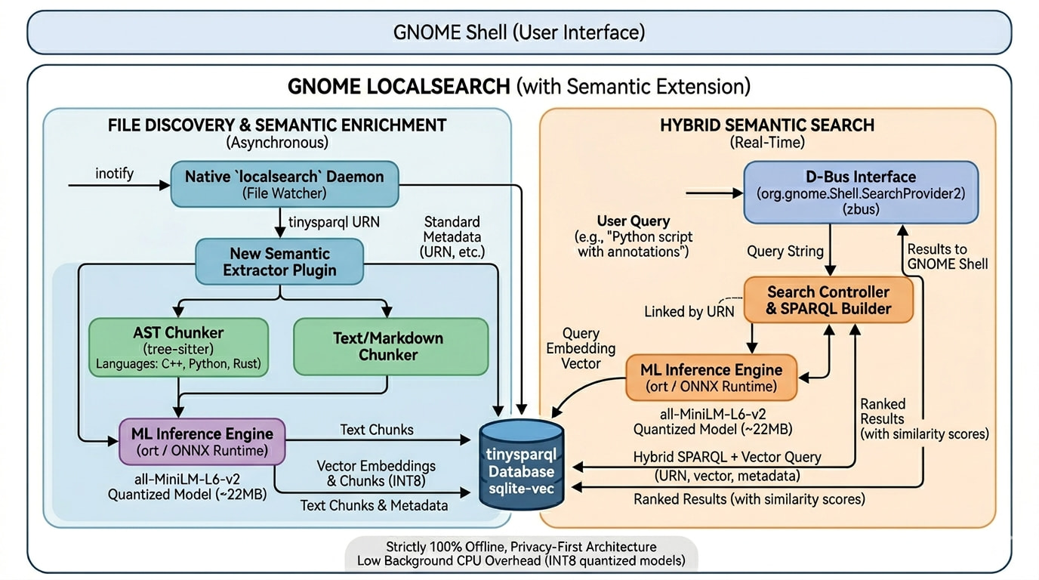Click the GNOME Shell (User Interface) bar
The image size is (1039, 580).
(x=519, y=32)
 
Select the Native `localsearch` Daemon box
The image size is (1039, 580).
(x=284, y=184)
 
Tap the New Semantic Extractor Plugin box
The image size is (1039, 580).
(x=279, y=261)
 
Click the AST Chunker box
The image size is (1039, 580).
(x=178, y=347)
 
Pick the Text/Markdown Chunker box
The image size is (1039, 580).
(x=390, y=347)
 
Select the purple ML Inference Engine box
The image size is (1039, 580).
(x=202, y=441)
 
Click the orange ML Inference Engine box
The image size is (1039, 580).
(x=711, y=378)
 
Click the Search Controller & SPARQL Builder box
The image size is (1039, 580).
(x=828, y=300)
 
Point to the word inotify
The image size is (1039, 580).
(x=114, y=174)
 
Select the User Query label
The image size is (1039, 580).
(x=633, y=221)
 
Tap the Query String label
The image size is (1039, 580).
(x=785, y=251)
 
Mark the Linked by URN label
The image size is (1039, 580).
(x=689, y=311)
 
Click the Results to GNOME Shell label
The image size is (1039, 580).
(x=947, y=256)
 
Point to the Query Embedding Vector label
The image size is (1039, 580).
(x=581, y=348)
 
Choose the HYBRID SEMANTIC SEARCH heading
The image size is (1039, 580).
(x=766, y=125)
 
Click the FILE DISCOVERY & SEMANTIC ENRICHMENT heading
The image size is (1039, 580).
(x=277, y=125)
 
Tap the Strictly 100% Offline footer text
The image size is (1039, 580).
(x=521, y=546)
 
